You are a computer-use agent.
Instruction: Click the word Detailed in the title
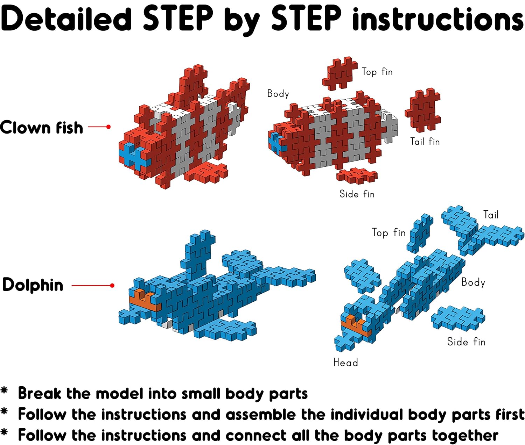[x=66, y=19]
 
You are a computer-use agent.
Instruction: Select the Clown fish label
[x=41, y=127]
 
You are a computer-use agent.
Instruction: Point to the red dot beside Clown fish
[x=108, y=127]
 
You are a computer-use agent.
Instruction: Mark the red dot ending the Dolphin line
[x=112, y=285]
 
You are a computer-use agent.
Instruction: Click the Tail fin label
[x=425, y=141]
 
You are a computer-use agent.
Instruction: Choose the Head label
[x=346, y=363]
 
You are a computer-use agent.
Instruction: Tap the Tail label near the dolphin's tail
[x=491, y=215]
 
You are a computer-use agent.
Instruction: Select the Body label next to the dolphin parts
[x=473, y=282]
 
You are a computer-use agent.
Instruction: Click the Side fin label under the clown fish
[x=357, y=194]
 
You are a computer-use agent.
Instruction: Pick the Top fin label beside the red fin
[x=377, y=72]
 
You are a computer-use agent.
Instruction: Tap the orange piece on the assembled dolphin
[x=145, y=300]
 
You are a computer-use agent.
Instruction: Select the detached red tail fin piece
[x=423, y=110]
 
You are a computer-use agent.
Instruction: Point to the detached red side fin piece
[x=357, y=175]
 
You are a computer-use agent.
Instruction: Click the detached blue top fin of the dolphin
[x=420, y=234]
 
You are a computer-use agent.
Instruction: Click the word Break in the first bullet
[x=40, y=394]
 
